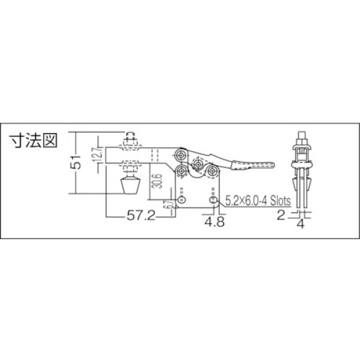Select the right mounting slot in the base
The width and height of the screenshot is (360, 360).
[x=211, y=198]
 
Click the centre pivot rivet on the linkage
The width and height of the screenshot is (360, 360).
[x=198, y=163]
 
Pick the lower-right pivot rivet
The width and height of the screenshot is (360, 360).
[x=212, y=172]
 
